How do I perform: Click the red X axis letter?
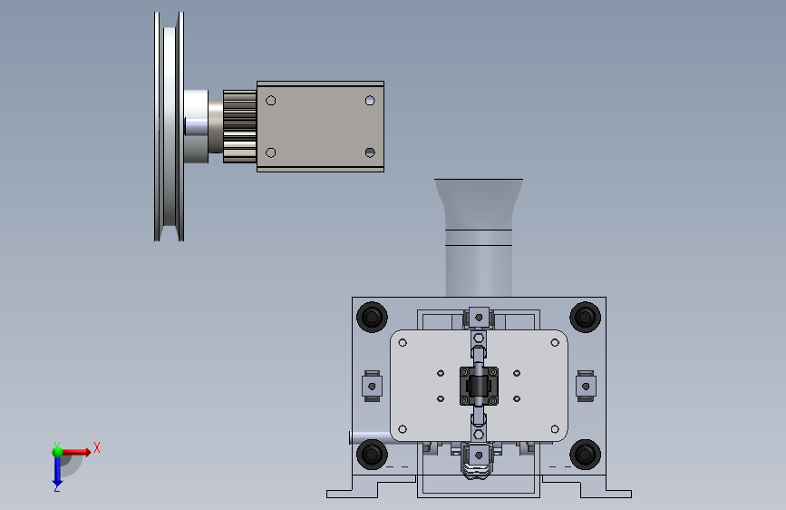coord(97,447)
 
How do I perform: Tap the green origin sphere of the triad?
coord(58,452)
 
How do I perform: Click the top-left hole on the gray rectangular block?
coord(271,101)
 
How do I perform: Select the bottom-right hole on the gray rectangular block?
coord(370,152)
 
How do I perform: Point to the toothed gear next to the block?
coord(239,126)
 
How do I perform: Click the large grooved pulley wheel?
coord(170,126)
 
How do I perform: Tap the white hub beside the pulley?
coord(196,126)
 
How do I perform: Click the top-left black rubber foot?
coord(372,317)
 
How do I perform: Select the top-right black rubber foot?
coord(585,317)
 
